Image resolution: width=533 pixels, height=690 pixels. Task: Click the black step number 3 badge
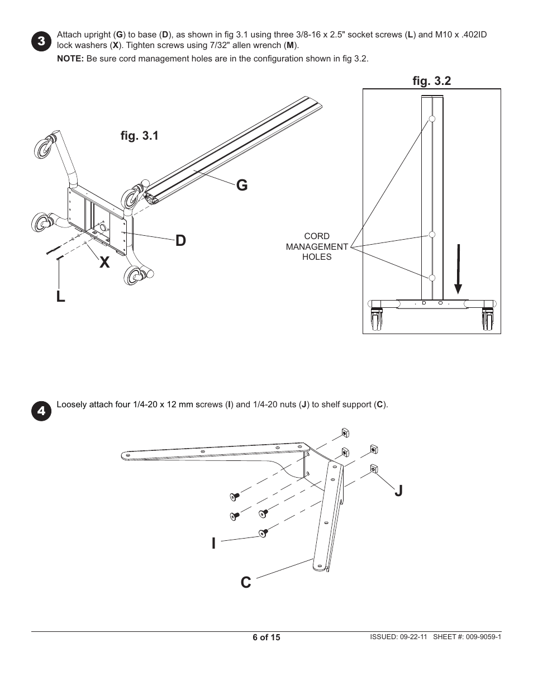click(x=41, y=42)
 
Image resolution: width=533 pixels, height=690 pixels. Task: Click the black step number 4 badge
click(x=41, y=411)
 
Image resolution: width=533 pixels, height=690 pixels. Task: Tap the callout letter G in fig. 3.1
click(x=241, y=185)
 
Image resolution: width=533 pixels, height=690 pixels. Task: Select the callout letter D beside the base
click(x=180, y=241)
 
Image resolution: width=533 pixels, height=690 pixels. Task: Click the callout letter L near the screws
click(x=60, y=297)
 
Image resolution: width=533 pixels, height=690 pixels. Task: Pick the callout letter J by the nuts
click(x=398, y=491)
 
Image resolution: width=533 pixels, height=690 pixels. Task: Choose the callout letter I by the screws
click(x=213, y=543)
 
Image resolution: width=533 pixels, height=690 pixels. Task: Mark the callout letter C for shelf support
click(x=246, y=582)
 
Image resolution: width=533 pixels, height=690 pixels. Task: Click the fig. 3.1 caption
click(x=139, y=136)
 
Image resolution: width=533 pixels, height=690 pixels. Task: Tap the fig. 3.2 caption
click(x=432, y=81)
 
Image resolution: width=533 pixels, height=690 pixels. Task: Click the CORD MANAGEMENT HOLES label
click(x=317, y=246)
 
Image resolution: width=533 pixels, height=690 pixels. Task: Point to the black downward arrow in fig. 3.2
click(x=458, y=268)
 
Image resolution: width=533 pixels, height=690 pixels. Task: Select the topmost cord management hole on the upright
click(x=432, y=118)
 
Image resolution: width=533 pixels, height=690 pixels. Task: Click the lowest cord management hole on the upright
click(x=432, y=278)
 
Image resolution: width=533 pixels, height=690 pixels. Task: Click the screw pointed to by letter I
click(x=263, y=534)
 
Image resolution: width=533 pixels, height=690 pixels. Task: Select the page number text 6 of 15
click(x=266, y=637)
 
